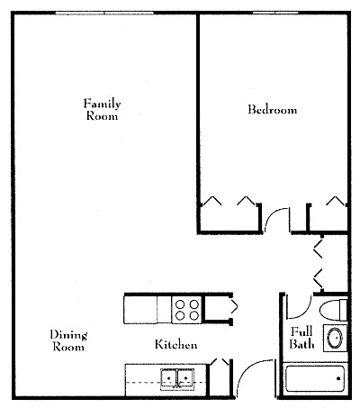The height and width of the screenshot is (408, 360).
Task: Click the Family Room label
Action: [102, 110]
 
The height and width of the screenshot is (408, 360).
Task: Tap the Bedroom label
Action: [273, 109]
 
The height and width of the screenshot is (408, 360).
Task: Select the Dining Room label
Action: [68, 340]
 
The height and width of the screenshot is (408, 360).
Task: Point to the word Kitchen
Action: [176, 344]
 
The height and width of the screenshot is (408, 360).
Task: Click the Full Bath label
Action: [301, 338]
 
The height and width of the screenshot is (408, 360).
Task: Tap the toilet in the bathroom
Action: [334, 309]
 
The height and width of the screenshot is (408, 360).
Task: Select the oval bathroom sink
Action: [335, 338]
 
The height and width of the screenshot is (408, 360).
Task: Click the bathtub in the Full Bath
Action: [315, 379]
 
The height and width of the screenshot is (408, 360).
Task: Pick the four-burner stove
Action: [187, 310]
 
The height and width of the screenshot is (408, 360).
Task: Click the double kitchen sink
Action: [177, 379]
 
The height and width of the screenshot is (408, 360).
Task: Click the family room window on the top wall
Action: [104, 13]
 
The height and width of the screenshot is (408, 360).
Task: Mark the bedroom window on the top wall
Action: [275, 13]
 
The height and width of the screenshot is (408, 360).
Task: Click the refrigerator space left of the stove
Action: [140, 310]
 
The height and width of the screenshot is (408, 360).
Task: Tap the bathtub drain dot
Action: [338, 378]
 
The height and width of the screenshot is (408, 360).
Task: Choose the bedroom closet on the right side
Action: [328, 218]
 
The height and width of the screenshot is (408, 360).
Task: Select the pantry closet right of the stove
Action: [217, 310]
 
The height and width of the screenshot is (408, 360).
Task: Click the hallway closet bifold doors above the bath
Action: [318, 263]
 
